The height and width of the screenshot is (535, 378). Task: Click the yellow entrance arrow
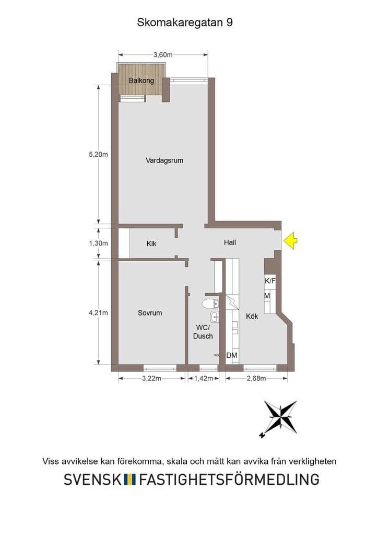[290, 240]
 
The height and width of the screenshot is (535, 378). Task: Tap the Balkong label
[141, 81]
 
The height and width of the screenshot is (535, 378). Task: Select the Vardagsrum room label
[164, 160]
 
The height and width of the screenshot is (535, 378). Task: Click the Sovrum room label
[150, 313]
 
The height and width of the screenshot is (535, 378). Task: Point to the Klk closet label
[151, 243]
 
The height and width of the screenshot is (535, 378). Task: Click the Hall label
[230, 242]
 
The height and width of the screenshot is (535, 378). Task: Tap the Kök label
[252, 316]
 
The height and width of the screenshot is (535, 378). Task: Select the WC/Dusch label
[203, 332]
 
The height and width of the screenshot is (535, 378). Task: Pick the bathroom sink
[215, 317]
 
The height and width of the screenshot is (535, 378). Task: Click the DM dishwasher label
[232, 355]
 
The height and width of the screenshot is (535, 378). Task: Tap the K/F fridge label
[270, 281]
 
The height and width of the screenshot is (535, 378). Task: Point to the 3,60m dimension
[163, 54]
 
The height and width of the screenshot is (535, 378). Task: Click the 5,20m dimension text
[98, 154]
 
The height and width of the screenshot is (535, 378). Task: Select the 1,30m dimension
[98, 243]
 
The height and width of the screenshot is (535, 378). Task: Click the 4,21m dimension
[98, 312]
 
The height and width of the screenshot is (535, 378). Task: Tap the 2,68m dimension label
[256, 378]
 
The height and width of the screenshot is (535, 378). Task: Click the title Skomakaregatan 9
[185, 22]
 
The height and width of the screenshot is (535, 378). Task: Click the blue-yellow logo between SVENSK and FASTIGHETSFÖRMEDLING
[129, 480]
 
